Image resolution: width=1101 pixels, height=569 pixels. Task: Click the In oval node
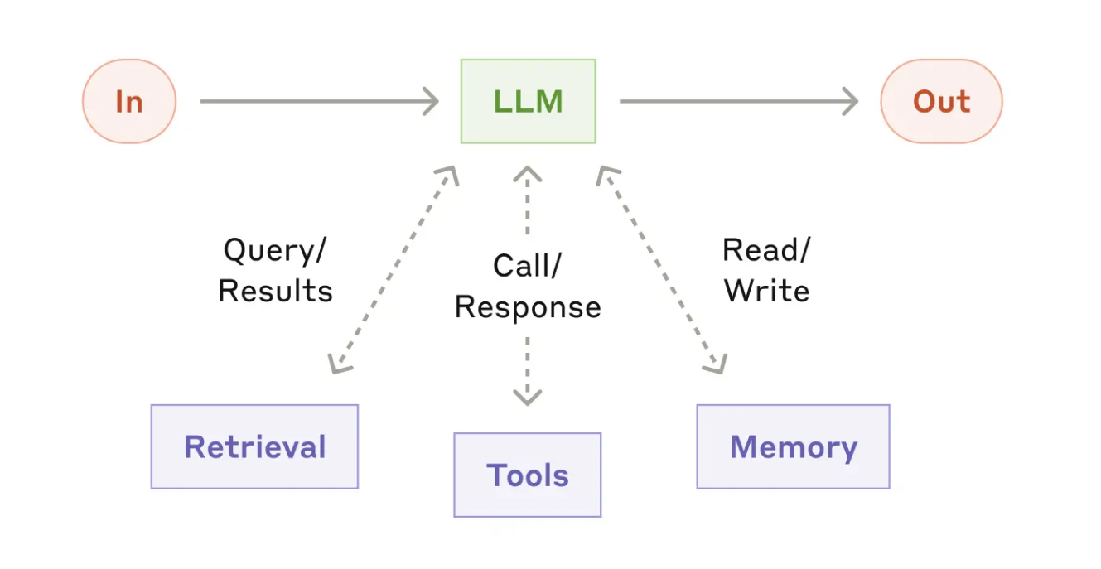pos(129,101)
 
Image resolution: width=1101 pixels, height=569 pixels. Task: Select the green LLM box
pos(529,101)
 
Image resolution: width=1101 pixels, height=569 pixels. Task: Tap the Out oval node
pos(941,101)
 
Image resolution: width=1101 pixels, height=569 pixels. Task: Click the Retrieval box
pos(254,446)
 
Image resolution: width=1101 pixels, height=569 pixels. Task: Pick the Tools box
pos(528,475)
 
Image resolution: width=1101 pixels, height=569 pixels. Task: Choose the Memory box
pos(794,446)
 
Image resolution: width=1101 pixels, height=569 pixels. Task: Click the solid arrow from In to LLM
pos(320,101)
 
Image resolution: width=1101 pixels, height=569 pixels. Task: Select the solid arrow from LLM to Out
pos(739,101)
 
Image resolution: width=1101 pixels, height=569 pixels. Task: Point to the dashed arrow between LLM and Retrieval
pos(394,270)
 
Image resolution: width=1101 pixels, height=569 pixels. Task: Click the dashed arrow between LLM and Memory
pos(662,270)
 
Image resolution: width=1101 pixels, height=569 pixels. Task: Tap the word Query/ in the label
pos(275,251)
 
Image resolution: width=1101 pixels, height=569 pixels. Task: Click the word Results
pos(275,291)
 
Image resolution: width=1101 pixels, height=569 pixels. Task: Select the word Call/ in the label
pos(527,266)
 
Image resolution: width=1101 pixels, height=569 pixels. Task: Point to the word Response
pos(528,307)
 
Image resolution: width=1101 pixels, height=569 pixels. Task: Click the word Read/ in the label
pos(766,250)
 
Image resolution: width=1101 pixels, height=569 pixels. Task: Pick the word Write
pos(767,291)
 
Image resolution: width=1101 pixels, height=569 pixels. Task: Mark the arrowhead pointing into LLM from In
pos(432,101)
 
